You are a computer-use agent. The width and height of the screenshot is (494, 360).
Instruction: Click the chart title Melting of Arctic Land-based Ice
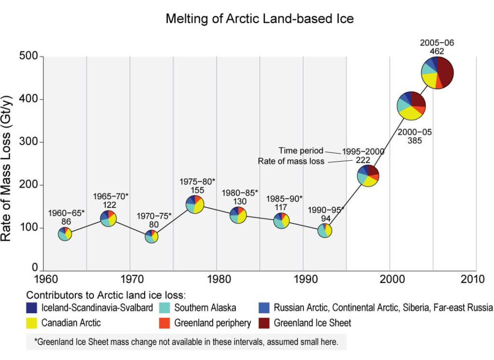point(260,19)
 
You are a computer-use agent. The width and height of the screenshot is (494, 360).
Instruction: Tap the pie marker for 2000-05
point(411,105)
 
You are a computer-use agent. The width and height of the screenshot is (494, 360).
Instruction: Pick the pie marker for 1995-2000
point(368,176)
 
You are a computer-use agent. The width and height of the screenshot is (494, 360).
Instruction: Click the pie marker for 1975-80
point(194,205)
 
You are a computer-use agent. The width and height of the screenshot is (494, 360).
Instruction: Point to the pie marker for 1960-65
point(65,235)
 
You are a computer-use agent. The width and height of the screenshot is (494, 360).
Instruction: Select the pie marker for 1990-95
point(325,231)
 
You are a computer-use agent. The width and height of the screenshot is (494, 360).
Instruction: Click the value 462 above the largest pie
point(437,51)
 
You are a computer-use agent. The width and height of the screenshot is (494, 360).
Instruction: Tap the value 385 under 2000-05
point(414,141)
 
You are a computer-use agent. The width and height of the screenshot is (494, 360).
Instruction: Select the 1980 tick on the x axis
point(216,279)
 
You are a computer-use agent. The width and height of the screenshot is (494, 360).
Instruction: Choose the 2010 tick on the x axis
point(476,279)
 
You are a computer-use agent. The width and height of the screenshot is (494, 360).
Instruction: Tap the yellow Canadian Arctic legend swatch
point(32,322)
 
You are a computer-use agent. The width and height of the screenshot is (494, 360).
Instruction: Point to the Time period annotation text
point(301,151)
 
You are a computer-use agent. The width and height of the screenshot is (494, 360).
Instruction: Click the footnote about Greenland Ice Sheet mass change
point(186,342)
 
